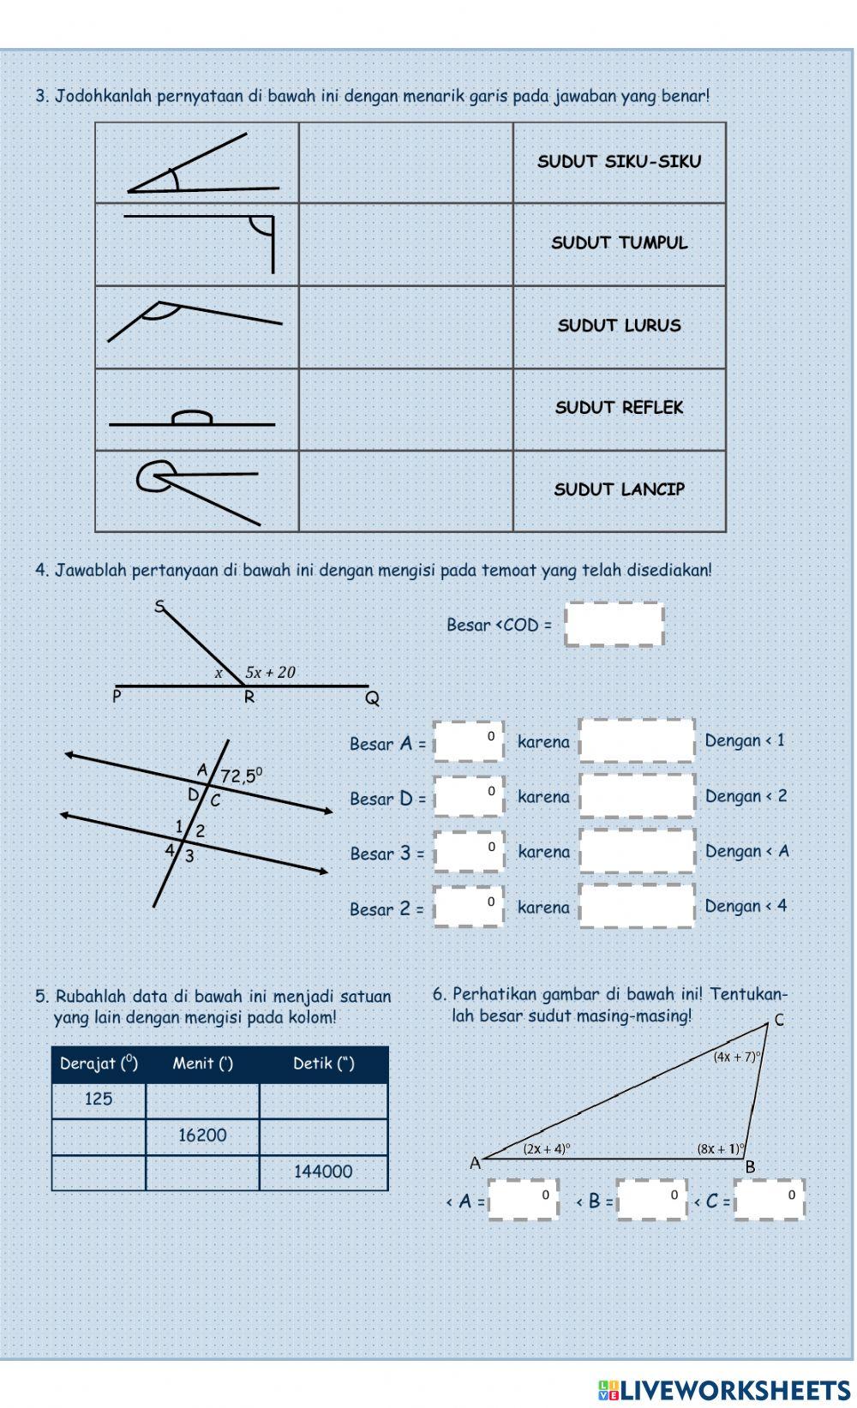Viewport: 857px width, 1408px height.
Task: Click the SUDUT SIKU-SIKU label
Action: pos(619,161)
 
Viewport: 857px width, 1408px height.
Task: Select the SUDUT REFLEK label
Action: pos(619,407)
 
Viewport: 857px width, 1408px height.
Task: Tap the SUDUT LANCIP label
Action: pos(619,489)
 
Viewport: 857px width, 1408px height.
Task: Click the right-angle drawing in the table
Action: pos(199,243)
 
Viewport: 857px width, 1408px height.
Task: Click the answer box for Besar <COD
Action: pos(614,624)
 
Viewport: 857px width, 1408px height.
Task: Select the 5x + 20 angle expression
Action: pos(270,673)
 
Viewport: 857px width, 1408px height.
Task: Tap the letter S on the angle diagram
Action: pos(159,607)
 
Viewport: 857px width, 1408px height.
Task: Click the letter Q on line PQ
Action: pos(372,698)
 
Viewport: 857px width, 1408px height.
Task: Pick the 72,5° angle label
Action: pos(241,776)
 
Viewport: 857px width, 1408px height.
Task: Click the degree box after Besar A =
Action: pos(468,742)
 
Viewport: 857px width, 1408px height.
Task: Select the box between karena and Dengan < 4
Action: pos(637,906)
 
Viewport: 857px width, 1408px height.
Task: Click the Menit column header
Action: pos(202,1063)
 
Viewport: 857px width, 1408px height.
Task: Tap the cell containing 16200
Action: pos(202,1135)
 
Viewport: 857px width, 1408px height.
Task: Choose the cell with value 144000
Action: pos(323,1171)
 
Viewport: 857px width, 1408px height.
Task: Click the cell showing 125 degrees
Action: pos(99,1099)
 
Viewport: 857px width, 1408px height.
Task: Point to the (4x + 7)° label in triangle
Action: pos(737,1057)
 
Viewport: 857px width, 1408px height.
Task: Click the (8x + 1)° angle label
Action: pos(720,1149)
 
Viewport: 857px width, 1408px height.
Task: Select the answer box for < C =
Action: pos(769,1200)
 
